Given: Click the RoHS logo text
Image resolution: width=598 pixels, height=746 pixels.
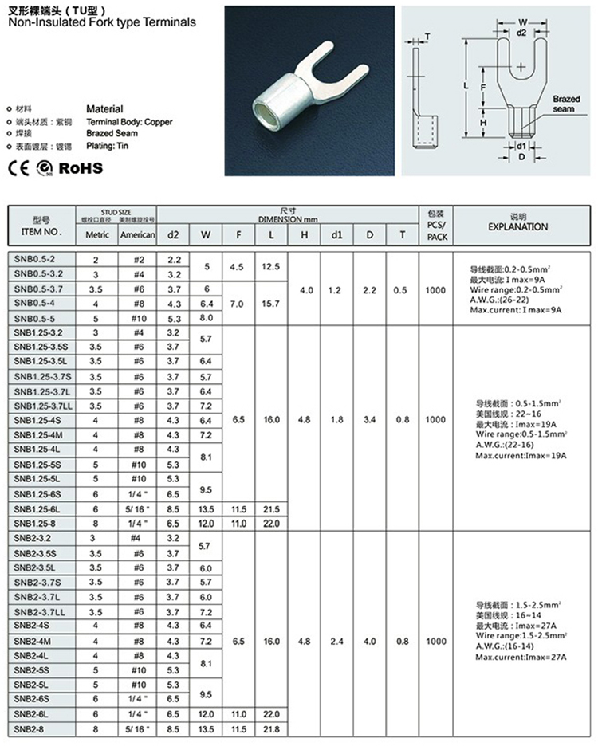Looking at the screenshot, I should point(81,168).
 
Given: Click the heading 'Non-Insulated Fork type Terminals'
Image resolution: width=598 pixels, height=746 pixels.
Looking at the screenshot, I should point(101,22).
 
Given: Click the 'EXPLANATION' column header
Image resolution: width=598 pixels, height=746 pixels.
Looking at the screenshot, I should point(517,226).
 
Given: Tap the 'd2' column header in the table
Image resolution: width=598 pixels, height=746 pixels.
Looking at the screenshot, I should point(174,234).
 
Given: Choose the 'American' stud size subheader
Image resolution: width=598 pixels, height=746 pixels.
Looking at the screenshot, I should point(137,235).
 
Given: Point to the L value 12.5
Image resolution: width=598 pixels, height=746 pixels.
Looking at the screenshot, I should point(271,266).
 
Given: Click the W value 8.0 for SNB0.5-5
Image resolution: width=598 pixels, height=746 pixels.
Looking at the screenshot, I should point(207,318).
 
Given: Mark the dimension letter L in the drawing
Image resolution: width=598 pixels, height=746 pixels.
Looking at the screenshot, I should point(465,84).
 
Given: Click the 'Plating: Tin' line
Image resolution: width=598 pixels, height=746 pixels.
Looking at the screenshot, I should point(107,146).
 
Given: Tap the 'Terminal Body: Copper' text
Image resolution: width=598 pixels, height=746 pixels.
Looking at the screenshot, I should point(128,121).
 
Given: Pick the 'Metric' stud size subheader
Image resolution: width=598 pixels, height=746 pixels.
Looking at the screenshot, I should point(97,235).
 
